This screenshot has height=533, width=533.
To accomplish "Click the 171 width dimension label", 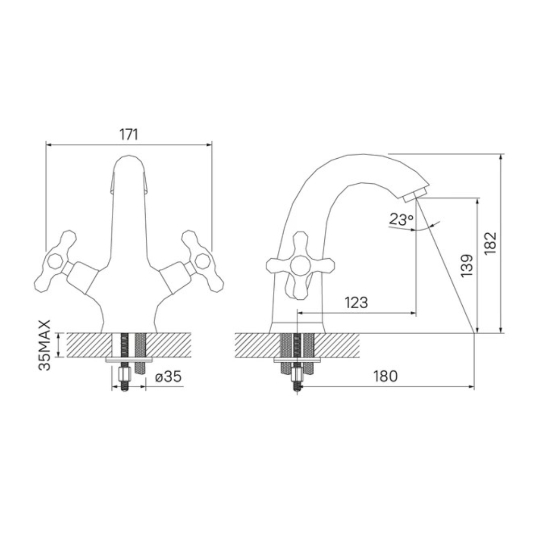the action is point(129,135).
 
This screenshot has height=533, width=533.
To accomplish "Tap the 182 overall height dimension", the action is point(490,244).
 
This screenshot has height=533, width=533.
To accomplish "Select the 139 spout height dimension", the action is point(467,266).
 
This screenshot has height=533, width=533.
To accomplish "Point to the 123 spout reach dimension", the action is point(356,302).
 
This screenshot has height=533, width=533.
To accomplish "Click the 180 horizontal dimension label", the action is point(386,376).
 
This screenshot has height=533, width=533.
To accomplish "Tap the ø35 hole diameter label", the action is point(168,377).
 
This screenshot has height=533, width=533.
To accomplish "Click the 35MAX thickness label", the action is point(45,345).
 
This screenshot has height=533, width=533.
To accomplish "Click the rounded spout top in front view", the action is point(129,163).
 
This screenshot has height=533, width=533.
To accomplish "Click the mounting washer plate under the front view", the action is point(129,360).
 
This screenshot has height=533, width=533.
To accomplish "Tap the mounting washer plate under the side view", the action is point(297,360).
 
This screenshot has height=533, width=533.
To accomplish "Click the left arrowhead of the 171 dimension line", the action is point(48,145).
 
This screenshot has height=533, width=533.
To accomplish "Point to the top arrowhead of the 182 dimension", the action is point(500,157).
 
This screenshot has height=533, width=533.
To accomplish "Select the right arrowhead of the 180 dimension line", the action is point(471,387).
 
